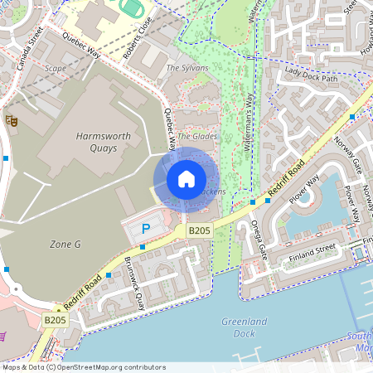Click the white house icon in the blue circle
[x=186, y=179]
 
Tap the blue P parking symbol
[x=146, y=228]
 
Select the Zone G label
[x=65, y=244]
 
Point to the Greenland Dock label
[x=239, y=327]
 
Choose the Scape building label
[x=56, y=69]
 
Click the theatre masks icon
[x=12, y=120]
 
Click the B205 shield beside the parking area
[x=199, y=230]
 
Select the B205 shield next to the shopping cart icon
[x=55, y=319]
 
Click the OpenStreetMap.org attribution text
[x=106, y=366]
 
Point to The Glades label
[x=196, y=135]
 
